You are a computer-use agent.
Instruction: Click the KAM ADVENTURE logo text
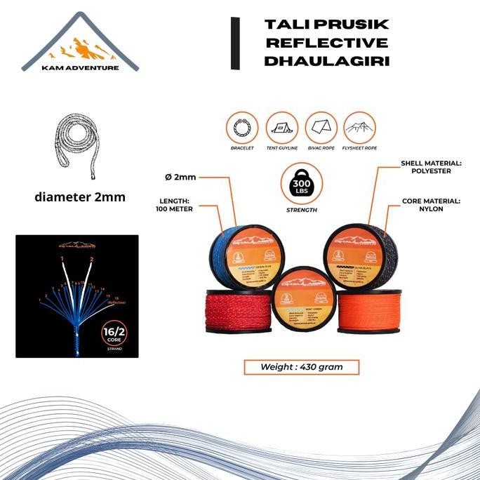point(79,68)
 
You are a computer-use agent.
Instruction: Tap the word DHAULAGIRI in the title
point(326,61)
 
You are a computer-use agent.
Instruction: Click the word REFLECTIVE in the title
point(326,43)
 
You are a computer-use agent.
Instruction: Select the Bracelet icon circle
point(242,129)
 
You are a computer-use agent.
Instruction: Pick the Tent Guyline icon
point(282,129)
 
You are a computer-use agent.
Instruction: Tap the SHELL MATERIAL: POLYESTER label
point(431,168)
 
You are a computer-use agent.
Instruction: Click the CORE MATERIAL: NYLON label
point(430,204)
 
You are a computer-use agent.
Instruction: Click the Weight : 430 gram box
point(301,366)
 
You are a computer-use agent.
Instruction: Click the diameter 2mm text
point(79,197)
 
